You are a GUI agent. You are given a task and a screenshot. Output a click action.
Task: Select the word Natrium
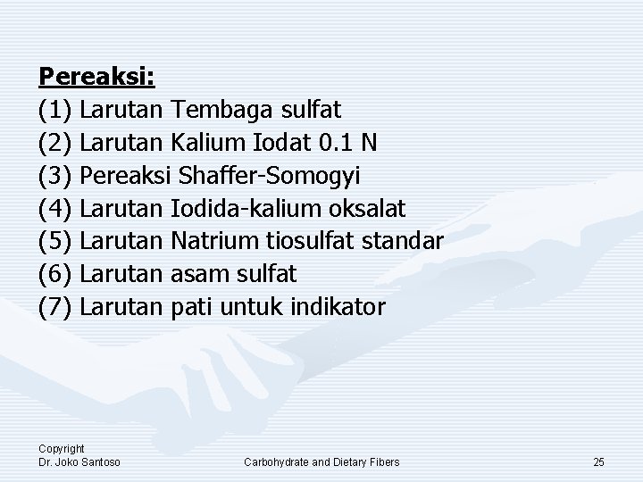(x=214, y=241)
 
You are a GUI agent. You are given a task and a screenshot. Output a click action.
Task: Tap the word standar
(x=405, y=241)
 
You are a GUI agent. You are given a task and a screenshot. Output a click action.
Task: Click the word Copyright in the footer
(x=61, y=449)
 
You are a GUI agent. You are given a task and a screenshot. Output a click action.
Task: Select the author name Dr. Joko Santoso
(x=79, y=461)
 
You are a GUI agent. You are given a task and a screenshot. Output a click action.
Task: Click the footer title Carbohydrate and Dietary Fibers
(x=321, y=461)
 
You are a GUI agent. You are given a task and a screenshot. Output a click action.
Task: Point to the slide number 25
(x=598, y=461)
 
